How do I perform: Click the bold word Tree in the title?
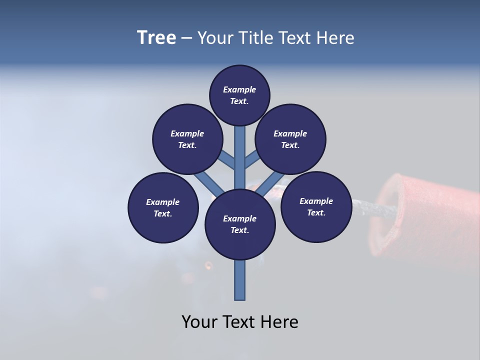156,38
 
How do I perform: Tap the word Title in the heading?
255,38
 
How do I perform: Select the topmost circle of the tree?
239,95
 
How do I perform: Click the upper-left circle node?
187,139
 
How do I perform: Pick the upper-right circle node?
290,139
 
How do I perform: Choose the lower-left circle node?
163,207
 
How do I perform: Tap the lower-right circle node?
316,206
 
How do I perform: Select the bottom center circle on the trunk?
240,224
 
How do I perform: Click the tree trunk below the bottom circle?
240,280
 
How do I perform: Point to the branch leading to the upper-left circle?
226,161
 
